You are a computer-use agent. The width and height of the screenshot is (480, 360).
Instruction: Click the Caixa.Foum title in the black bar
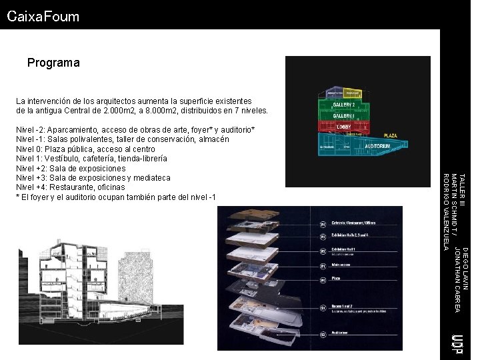click(x=43, y=17)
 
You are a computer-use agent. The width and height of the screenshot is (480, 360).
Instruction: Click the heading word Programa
click(x=53, y=63)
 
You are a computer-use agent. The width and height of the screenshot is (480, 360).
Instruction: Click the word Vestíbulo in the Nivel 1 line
click(x=67, y=159)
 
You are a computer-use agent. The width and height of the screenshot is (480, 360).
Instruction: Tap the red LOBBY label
click(x=344, y=127)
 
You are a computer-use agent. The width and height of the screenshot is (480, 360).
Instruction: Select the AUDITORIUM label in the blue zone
click(x=377, y=145)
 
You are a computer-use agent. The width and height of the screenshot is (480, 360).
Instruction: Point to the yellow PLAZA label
click(x=390, y=135)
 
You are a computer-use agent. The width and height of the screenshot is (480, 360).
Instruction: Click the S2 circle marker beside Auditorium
click(x=323, y=333)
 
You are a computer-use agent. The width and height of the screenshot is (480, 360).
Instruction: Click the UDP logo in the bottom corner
click(x=457, y=343)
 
